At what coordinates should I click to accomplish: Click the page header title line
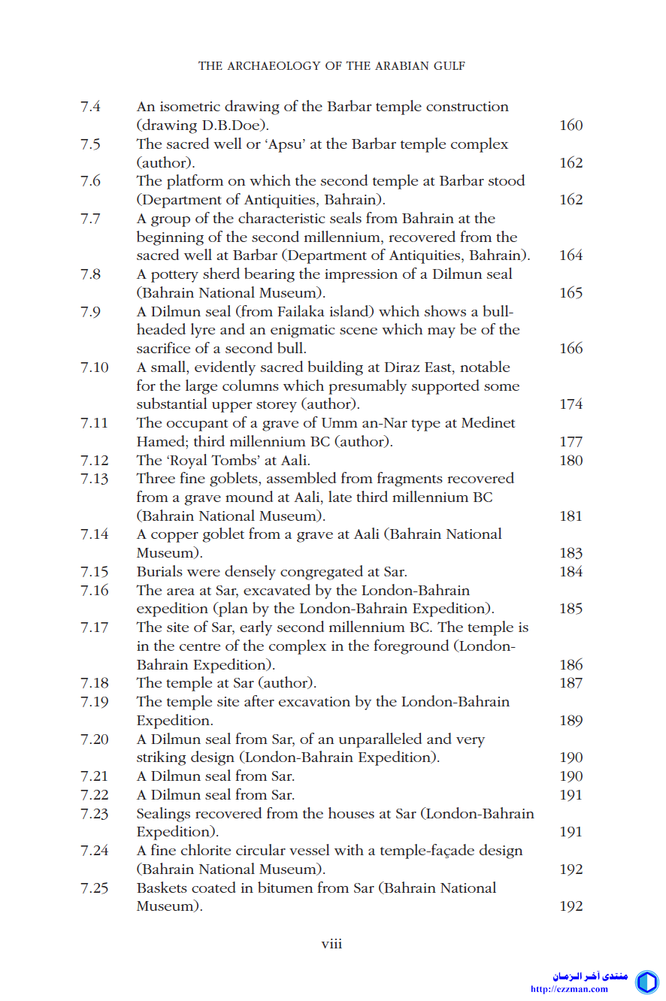tap(331, 66)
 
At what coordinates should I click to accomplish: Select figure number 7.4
tap(91, 107)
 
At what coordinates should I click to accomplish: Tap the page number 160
tap(571, 126)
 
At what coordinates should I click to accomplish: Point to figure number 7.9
tap(91, 311)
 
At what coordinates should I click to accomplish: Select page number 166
tap(571, 349)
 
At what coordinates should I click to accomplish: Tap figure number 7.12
tap(94, 461)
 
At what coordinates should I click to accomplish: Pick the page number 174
tap(571, 404)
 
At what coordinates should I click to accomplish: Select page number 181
tap(571, 516)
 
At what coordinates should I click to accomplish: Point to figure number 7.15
tap(94, 572)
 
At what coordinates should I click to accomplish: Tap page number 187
tap(571, 684)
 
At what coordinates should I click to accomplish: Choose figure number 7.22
tap(94, 795)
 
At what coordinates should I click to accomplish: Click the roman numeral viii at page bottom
tap(331, 944)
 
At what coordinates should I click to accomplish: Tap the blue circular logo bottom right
tap(646, 981)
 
